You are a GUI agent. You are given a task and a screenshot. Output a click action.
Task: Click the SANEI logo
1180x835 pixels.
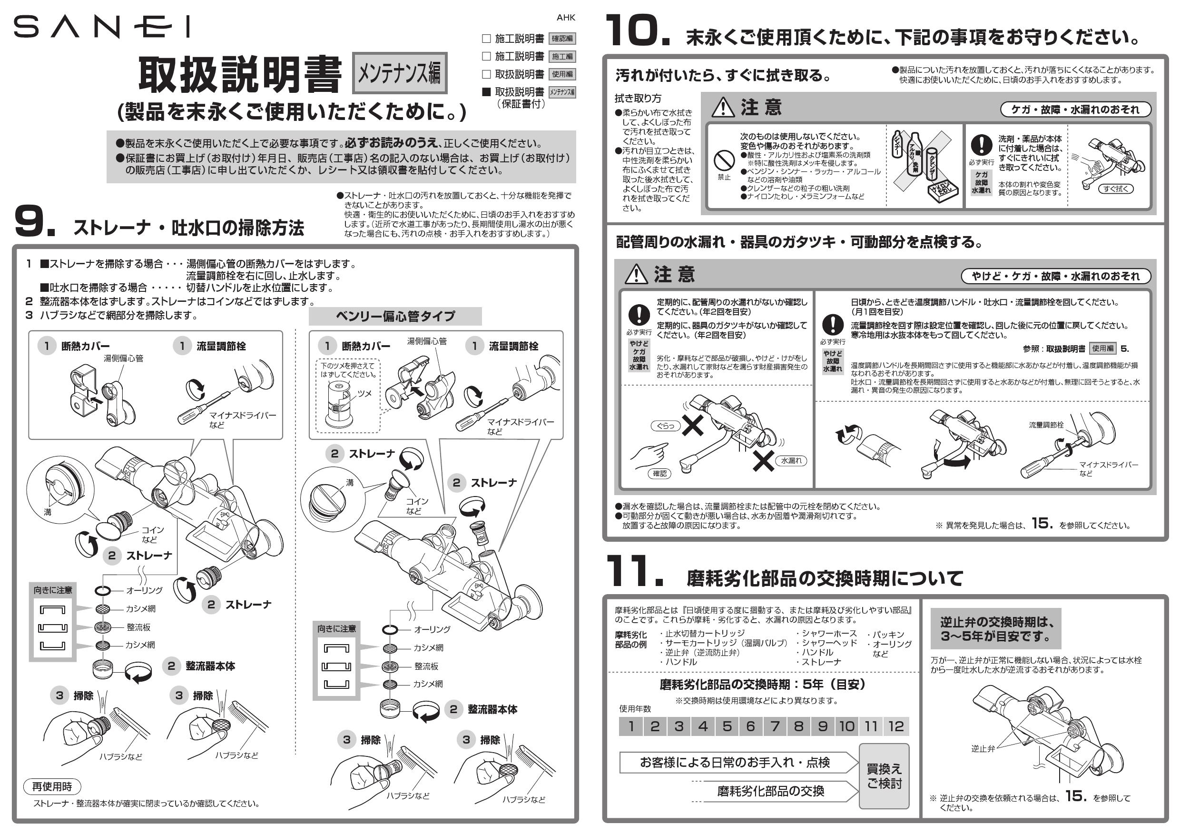coord(101,27)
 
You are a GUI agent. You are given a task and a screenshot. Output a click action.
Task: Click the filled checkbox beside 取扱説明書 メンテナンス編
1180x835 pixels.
coord(486,92)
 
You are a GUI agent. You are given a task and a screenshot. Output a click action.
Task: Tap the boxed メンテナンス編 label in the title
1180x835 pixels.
coord(399,73)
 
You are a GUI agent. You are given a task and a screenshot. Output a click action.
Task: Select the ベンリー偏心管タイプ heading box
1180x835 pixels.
coord(395,316)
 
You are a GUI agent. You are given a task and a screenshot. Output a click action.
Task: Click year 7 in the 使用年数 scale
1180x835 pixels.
coord(775,726)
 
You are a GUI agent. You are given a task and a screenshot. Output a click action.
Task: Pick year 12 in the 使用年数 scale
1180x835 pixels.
coord(896,726)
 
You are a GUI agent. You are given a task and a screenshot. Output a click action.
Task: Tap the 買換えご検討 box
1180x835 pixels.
coord(884,776)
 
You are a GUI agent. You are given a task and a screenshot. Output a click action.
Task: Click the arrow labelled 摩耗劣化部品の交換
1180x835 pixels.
coord(771,791)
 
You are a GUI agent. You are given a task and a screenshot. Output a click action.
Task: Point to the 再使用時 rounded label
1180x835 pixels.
coord(52,786)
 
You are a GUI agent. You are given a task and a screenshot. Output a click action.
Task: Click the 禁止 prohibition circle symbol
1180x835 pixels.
coord(724,161)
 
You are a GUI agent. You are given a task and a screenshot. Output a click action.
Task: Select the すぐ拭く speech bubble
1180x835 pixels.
coord(1115,189)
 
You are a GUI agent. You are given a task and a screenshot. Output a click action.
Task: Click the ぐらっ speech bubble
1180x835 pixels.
coord(666,426)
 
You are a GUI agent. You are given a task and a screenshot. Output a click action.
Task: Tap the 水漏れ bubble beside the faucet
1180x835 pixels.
coord(791,461)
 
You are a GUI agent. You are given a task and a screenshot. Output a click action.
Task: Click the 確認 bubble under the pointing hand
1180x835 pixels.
coord(659,474)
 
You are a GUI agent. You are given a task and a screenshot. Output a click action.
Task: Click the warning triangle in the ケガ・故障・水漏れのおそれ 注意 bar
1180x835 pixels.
coord(723,108)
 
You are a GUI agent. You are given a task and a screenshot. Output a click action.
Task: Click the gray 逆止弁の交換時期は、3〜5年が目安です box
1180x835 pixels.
coord(995,629)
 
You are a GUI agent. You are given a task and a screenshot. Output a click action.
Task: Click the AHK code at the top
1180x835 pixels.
coord(566,18)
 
